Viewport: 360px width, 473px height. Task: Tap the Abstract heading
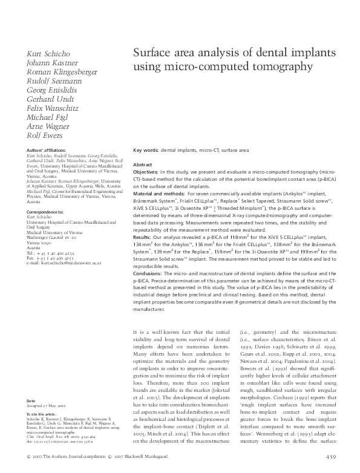click(142, 165)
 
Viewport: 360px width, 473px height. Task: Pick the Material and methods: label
click(159, 194)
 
